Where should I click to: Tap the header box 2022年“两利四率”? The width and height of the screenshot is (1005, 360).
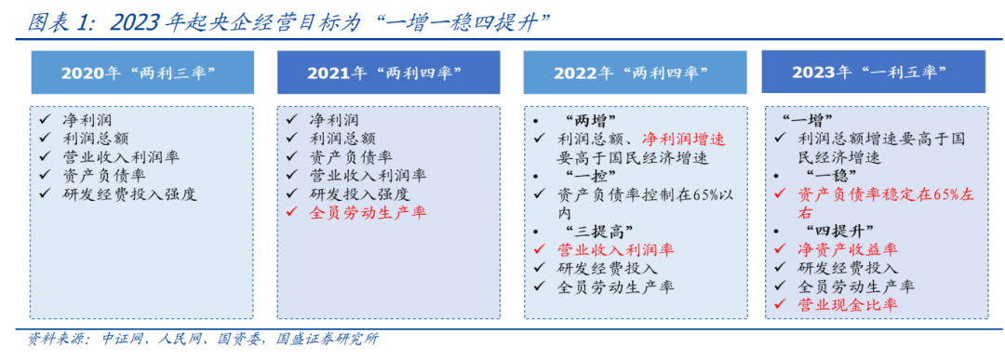point(633,73)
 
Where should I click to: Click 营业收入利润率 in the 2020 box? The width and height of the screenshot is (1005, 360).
point(122,157)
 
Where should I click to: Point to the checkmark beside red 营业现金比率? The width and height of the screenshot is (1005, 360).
point(780,305)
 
